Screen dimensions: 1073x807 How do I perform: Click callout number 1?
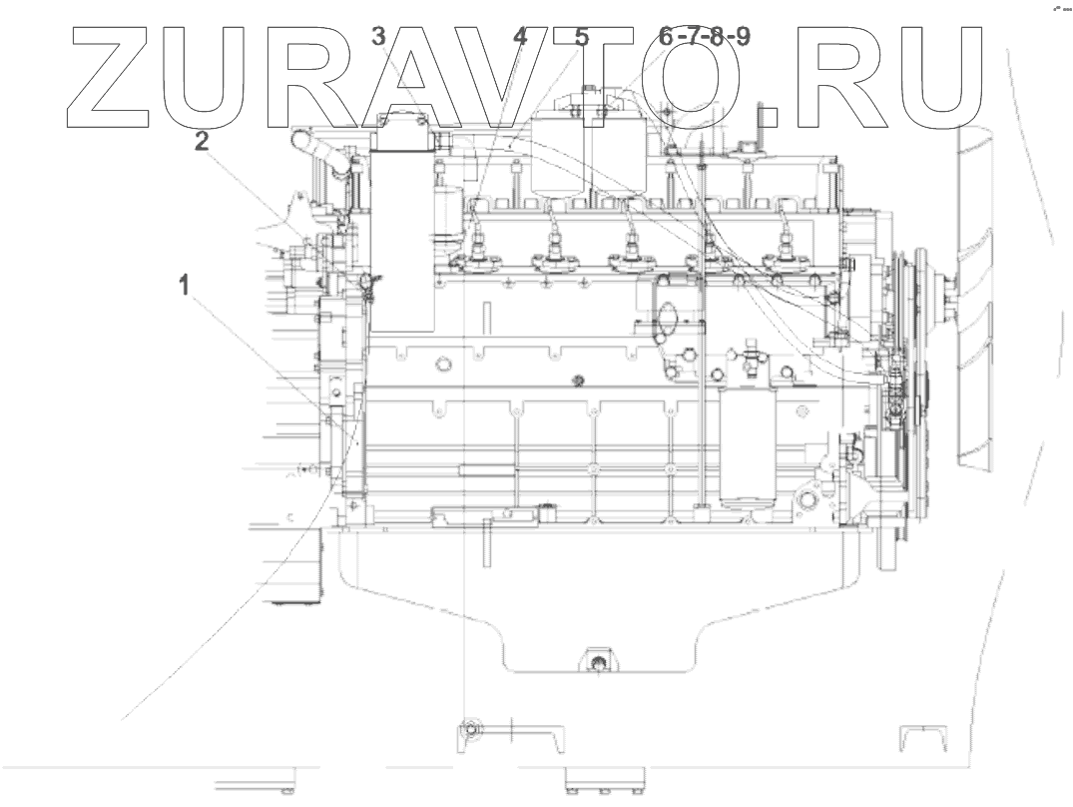pyautogui.click(x=183, y=287)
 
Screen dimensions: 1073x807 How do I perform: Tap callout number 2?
pyautogui.click(x=202, y=142)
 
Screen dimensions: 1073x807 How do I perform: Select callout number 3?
pyautogui.click(x=378, y=38)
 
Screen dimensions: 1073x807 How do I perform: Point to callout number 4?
pyautogui.click(x=520, y=38)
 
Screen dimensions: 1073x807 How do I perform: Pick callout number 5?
pyautogui.click(x=581, y=38)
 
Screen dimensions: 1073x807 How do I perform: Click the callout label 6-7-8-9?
pyautogui.click(x=705, y=38)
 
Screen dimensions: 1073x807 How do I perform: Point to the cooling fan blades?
pyautogui.click(x=978, y=300)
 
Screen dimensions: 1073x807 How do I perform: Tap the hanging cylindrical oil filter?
pyautogui.click(x=747, y=444)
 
